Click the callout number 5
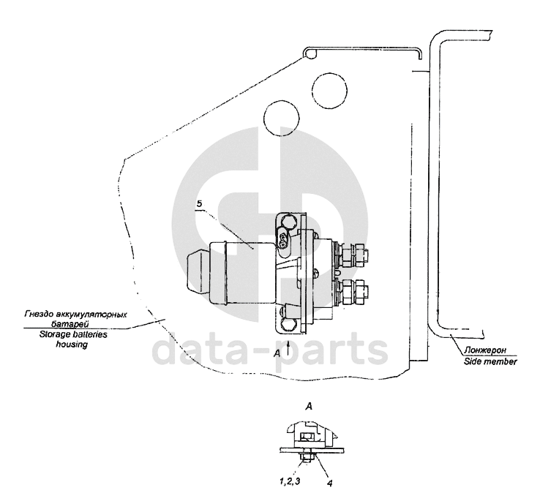click(199, 204)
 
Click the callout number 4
click(329, 483)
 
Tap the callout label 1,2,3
click(290, 481)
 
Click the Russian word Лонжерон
click(485, 350)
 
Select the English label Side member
click(490, 361)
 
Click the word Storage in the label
click(53, 334)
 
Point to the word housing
click(72, 345)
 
